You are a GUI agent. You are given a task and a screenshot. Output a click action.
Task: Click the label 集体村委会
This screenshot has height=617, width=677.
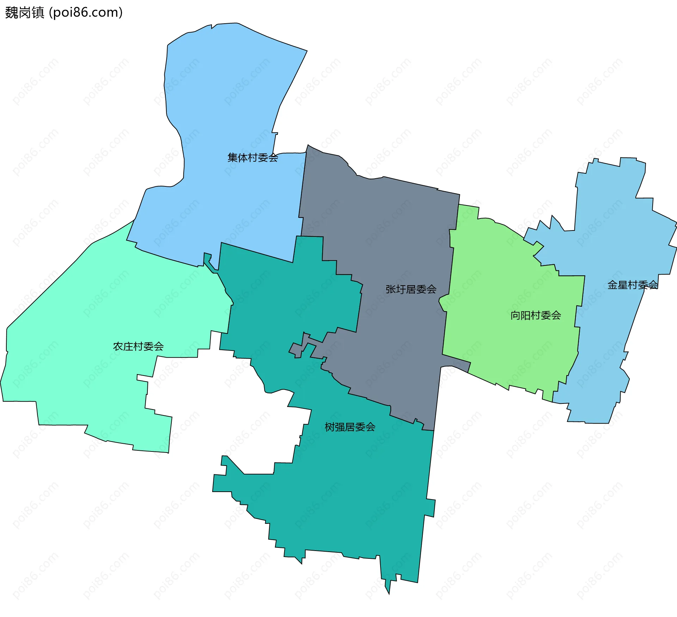pos(253,157)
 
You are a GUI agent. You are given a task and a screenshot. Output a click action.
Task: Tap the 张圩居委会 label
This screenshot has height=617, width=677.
pos(411,289)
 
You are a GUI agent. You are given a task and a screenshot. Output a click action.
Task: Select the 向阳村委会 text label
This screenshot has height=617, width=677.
pos(536,315)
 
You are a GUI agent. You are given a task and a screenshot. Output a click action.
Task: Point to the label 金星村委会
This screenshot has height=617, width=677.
pos(633,285)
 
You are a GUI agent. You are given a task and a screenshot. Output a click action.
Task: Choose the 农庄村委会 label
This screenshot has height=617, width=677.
pos(138,346)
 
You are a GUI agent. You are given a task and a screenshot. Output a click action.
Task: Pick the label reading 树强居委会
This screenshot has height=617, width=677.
pos(350,427)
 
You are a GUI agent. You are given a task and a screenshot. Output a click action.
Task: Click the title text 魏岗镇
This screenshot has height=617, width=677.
pos(25,13)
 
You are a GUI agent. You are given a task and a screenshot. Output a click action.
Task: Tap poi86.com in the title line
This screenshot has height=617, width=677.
pos(86,13)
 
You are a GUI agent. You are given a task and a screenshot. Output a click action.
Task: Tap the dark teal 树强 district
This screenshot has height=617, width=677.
pos(353,494)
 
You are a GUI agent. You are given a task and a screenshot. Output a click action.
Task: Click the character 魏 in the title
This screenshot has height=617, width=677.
pos(11,13)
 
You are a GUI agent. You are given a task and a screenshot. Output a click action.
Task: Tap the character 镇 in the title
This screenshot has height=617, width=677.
pos(38,13)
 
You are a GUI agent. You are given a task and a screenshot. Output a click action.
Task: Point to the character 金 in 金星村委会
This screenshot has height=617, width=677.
pos(612,285)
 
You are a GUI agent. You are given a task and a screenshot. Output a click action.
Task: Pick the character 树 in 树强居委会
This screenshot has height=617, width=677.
pos(330,427)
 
